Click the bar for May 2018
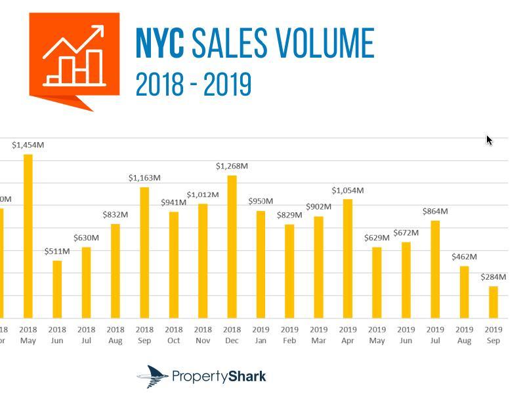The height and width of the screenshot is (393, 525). click(28, 236)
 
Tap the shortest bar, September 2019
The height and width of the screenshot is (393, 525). click(493, 302)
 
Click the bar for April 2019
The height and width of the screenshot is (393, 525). click(348, 259)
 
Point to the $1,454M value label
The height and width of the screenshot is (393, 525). click(28, 145)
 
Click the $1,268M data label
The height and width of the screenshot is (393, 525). click(232, 166)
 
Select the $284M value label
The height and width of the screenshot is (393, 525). click(493, 277)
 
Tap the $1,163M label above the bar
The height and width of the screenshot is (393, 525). click(144, 178)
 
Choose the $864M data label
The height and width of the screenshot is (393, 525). click(435, 212)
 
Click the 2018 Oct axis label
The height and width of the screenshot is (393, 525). click(173, 335)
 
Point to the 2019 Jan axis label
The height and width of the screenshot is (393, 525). click(261, 335)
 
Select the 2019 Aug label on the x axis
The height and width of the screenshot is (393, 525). click(464, 335)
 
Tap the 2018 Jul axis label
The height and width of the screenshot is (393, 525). click(86, 335)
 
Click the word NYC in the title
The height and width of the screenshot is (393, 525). click(159, 44)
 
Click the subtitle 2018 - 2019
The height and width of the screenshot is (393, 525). click(193, 85)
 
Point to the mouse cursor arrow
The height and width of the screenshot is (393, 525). click(489, 140)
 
